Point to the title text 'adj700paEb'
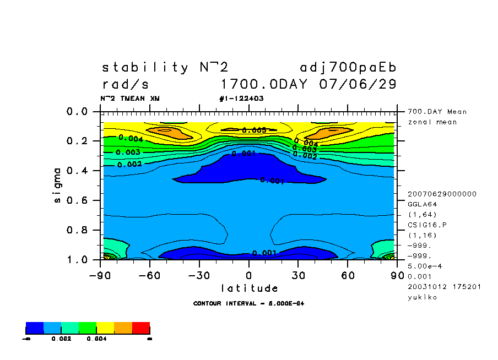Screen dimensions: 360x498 [x=348, y=68]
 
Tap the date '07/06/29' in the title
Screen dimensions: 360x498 [x=358, y=85]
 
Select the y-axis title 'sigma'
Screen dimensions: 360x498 [x=58, y=185]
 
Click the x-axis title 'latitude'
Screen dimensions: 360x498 [x=249, y=288]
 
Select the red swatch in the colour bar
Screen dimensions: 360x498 [x=141, y=328]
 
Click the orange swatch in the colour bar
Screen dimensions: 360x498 [x=123, y=328]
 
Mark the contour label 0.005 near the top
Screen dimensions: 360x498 [x=254, y=130]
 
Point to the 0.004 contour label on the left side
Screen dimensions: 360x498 [x=131, y=139]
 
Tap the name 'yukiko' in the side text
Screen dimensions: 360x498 [x=422, y=297]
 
